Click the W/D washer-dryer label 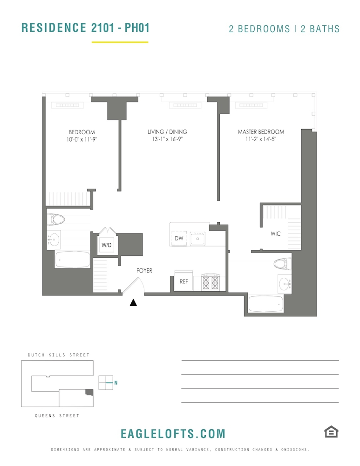pos(106,245)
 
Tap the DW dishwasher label pos(179,238)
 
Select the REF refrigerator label pos(183,281)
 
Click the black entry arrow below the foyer pos(133,302)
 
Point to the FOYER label pos(144,270)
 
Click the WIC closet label pos(276,233)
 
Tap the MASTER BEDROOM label pos(261,132)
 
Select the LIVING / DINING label pos(167,132)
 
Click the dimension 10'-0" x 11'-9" pos(82,139)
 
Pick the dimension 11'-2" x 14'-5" pos(261,139)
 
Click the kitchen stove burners pos(211,282)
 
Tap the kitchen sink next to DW pos(197,239)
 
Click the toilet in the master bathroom pos(283,264)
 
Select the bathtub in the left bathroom pos(73,260)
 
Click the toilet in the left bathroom pos(56,219)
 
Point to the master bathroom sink pos(285,284)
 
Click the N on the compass pos(116,383)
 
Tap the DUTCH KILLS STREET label pos(59,355)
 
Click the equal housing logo pos(331,432)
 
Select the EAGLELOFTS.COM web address pos(173,434)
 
